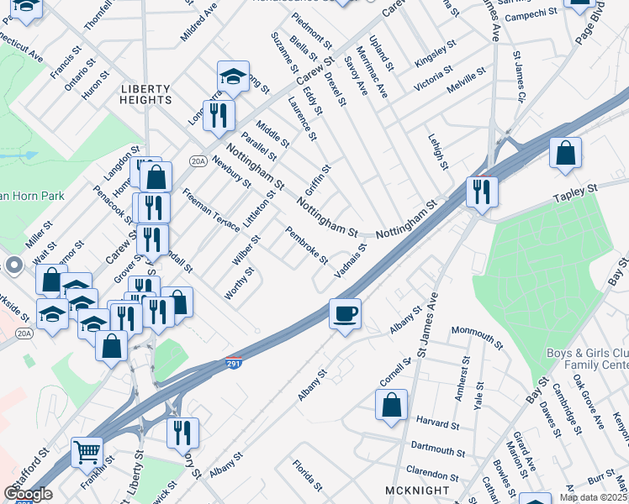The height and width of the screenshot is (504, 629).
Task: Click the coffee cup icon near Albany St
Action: [345, 315]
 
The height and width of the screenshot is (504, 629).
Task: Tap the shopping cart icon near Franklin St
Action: [87, 454]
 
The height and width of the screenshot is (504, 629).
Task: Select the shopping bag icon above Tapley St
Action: [566, 154]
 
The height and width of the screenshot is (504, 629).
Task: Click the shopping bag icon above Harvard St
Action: [392, 404]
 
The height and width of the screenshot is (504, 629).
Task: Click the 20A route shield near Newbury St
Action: [198, 161]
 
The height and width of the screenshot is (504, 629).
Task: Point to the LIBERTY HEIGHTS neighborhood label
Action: [145, 94]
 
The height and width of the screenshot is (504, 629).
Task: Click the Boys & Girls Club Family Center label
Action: [586, 359]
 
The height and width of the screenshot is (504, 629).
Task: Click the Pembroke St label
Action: [306, 245]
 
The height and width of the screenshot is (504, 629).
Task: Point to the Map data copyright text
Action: [593, 497]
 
